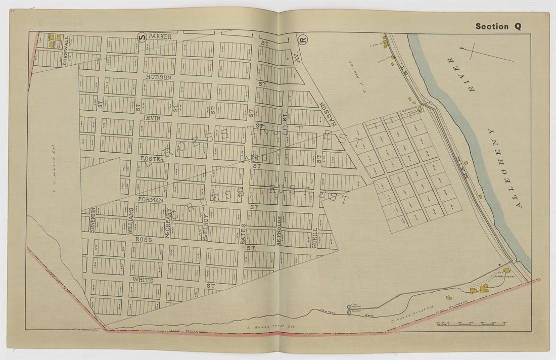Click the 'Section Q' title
(498, 27)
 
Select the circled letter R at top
(303, 38)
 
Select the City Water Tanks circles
(349, 309)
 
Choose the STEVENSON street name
(93, 219)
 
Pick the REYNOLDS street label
(280, 230)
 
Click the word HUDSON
(159, 77)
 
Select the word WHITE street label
(142, 279)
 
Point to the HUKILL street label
(315, 237)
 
